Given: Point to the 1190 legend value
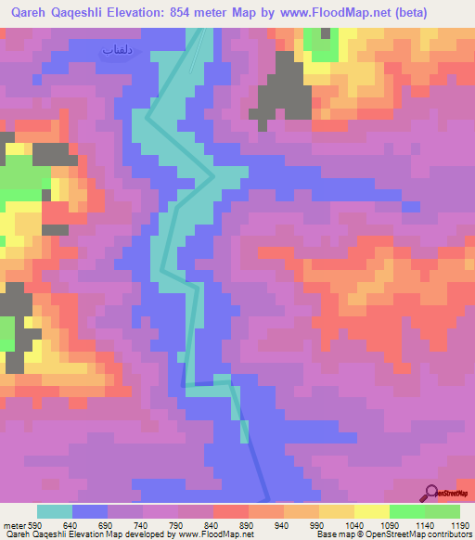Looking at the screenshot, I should coord(459,526).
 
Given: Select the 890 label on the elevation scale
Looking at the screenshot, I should coord(246,526).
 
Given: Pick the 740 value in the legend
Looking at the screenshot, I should coord(140,526).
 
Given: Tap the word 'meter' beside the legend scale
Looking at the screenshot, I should coord(12,526).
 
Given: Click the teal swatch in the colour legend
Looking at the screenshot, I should coord(54,511).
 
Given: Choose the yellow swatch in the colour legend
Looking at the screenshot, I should coord(371,511).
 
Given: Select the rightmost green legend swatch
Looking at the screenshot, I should coord(443,511).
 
